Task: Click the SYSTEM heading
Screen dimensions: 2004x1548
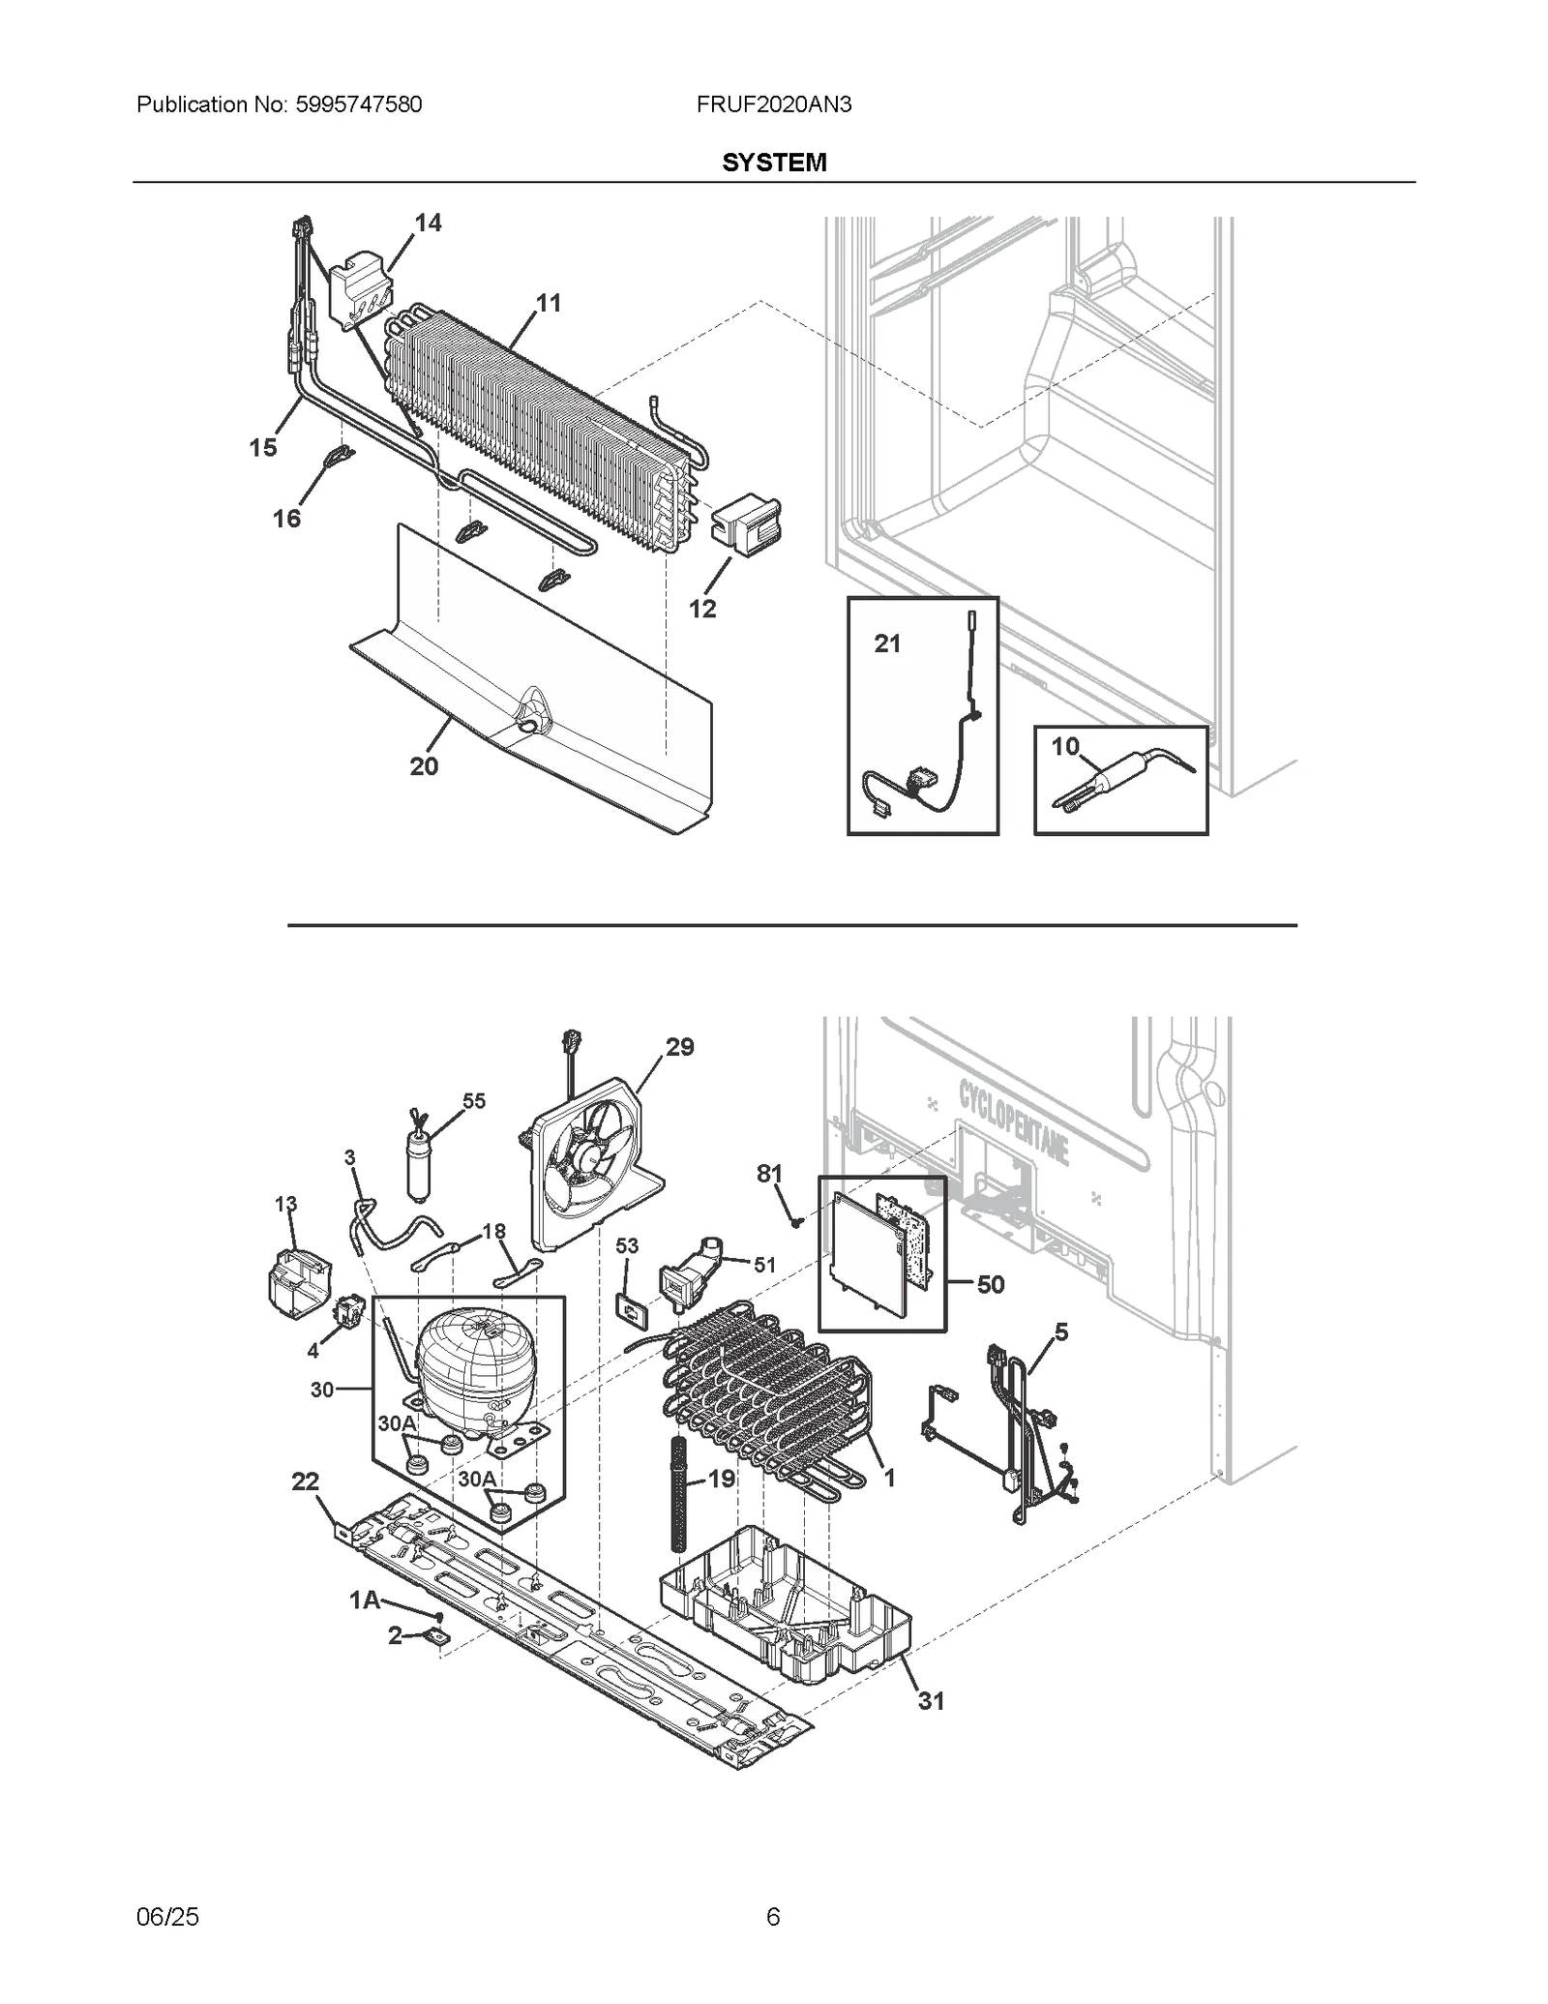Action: point(773,163)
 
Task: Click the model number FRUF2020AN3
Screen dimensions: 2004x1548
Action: point(773,105)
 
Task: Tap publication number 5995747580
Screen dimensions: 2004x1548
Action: point(352,105)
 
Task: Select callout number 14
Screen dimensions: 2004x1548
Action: point(428,224)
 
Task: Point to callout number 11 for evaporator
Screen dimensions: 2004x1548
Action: point(549,304)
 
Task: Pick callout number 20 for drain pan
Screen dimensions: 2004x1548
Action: point(424,766)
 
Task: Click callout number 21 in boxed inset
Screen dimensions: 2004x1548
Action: point(887,643)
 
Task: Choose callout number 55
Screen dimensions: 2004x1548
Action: point(473,1101)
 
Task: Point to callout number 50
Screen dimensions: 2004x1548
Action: point(990,1285)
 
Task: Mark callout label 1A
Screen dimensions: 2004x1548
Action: point(364,1601)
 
